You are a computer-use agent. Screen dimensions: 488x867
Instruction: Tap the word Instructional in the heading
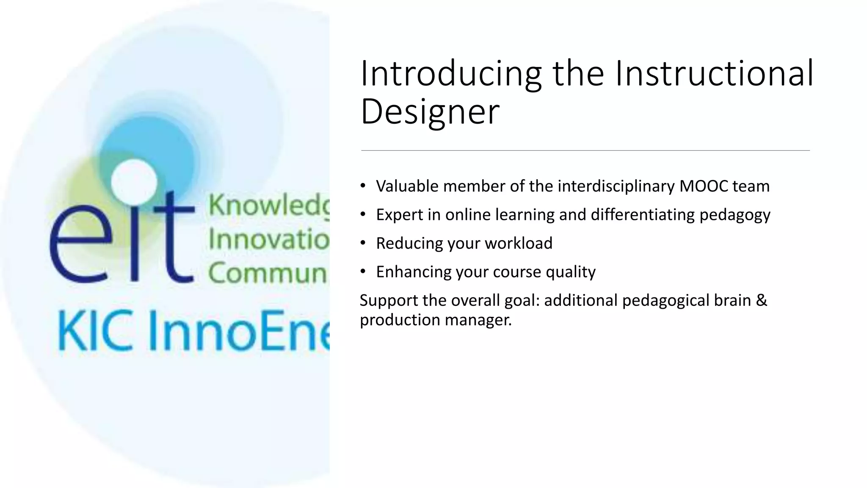tap(714, 74)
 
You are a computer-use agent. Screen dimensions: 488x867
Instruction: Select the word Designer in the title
tap(430, 111)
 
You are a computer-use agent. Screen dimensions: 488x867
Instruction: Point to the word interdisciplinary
tap(616, 186)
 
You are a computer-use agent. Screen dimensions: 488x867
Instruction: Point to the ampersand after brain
tap(761, 300)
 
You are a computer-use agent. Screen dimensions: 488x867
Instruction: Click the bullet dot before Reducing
tap(363, 243)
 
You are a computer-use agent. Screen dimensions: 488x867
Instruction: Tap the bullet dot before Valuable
tap(363, 186)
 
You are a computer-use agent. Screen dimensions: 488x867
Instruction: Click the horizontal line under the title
tap(585, 150)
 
